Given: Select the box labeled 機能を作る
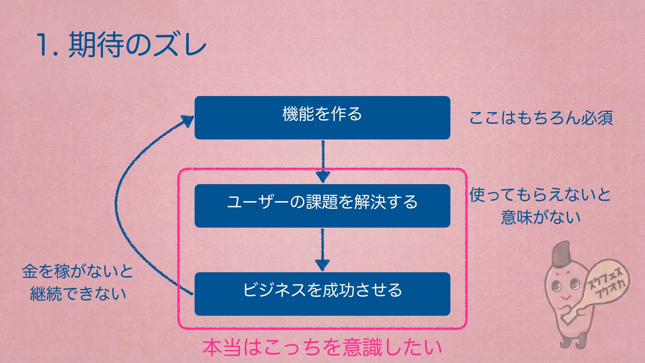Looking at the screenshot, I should (x=322, y=118).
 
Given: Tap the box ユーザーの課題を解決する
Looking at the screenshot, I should (x=322, y=206).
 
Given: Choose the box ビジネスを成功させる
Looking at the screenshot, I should (x=322, y=294).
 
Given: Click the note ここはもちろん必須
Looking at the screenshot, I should (x=541, y=118).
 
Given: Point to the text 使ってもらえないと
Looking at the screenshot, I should (x=540, y=195).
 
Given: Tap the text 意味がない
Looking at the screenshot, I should (x=541, y=217).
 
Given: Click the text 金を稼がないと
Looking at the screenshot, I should (x=78, y=272).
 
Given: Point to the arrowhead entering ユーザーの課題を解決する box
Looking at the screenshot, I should (x=323, y=176).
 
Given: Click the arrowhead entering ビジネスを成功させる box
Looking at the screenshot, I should (x=322, y=265).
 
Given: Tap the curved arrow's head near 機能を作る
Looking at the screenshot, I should (x=187, y=120).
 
